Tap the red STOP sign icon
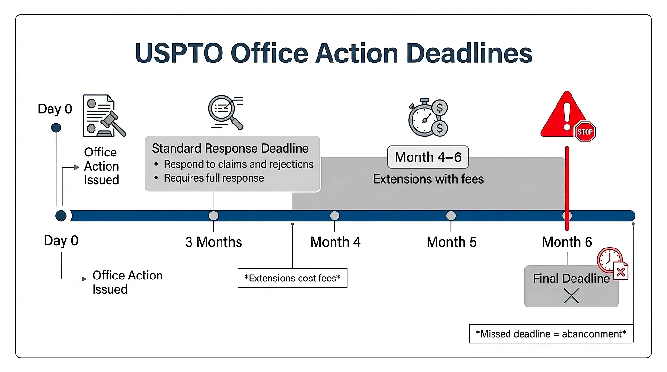tap(585, 131)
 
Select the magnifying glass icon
tap(224, 112)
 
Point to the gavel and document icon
tap(103, 116)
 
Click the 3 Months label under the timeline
tap(213, 242)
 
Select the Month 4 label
tap(335, 242)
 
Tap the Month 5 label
tap(451, 242)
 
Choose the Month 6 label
tap(567, 242)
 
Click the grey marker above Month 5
tap(451, 216)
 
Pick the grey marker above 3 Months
tap(213, 216)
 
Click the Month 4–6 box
tap(428, 157)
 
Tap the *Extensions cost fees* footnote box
tap(292, 278)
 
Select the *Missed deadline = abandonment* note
tap(551, 334)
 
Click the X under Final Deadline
tap(571, 295)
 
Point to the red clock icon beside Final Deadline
tap(609, 260)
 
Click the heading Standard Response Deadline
tap(230, 148)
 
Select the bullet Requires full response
tap(214, 178)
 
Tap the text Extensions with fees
tap(428, 179)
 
